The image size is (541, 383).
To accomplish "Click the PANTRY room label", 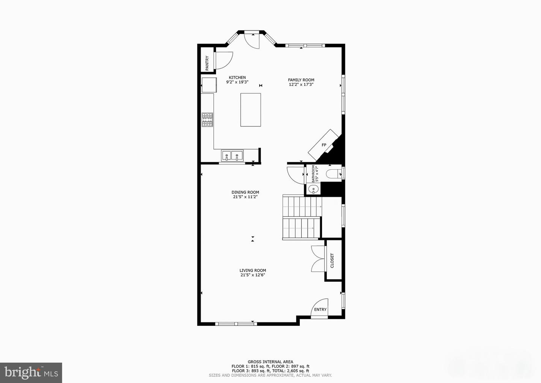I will (207, 63).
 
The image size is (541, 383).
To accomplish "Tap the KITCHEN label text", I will (237, 78).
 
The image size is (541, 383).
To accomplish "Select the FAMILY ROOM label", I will (301, 80).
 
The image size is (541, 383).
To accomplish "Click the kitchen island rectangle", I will (251, 110).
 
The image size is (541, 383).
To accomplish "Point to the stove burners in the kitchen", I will (207, 120).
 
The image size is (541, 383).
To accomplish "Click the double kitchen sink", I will (232, 155).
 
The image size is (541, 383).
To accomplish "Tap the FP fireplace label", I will (324, 145).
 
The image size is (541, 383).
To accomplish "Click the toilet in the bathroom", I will (334, 173).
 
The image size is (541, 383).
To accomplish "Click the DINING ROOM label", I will (245, 192).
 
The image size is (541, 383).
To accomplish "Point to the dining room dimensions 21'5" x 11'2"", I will (245, 197).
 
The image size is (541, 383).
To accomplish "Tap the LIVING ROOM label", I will (253, 270).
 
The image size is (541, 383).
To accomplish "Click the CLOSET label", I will (332, 260).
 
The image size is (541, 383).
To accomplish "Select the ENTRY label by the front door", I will (320, 309).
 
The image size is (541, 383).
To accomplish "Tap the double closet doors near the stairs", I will (317, 258).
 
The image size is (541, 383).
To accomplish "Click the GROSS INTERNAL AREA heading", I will (270, 362).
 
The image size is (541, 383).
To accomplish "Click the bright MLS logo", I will (31, 373).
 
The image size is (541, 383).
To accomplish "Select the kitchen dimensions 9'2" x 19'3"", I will (237, 82).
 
